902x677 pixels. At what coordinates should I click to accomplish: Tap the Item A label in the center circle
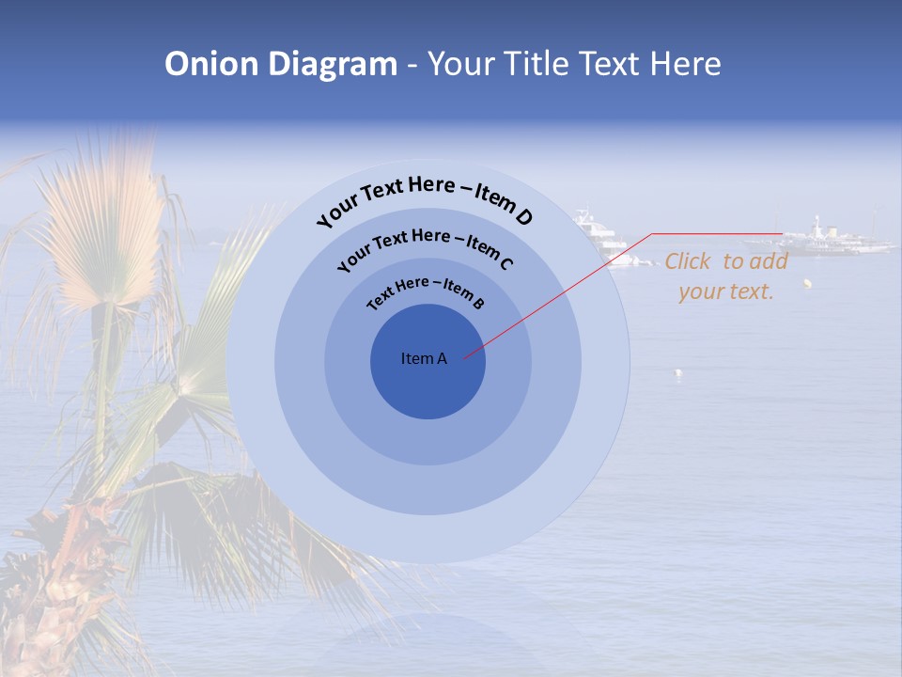pyautogui.click(x=424, y=358)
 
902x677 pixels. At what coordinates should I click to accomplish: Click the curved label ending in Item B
pyautogui.click(x=426, y=292)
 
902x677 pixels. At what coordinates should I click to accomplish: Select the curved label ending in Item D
pyautogui.click(x=425, y=199)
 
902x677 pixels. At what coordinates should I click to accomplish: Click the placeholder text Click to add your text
pyautogui.click(x=725, y=276)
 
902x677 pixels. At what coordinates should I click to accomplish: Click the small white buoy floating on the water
pyautogui.click(x=678, y=373)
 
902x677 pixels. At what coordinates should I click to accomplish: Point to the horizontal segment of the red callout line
pyautogui.click(x=716, y=233)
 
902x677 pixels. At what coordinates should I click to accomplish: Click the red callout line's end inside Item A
pyautogui.click(x=465, y=356)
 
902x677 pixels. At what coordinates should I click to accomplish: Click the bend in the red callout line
pyautogui.click(x=652, y=234)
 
